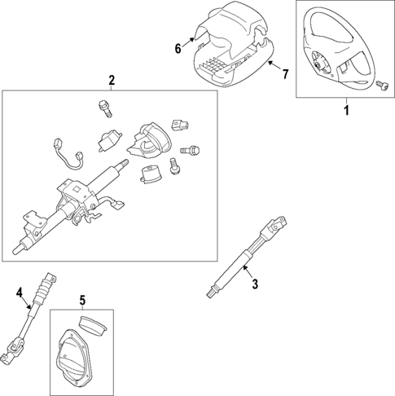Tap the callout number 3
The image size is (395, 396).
pyautogui.click(x=254, y=284)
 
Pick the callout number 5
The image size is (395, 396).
pyautogui.click(x=81, y=301)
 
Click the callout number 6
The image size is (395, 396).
pyautogui.click(x=178, y=48)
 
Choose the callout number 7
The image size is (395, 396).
pyautogui.click(x=285, y=75)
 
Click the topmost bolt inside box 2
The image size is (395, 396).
pyautogui.click(x=103, y=107)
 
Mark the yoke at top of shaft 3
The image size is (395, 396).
pyautogui.click(x=276, y=222)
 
